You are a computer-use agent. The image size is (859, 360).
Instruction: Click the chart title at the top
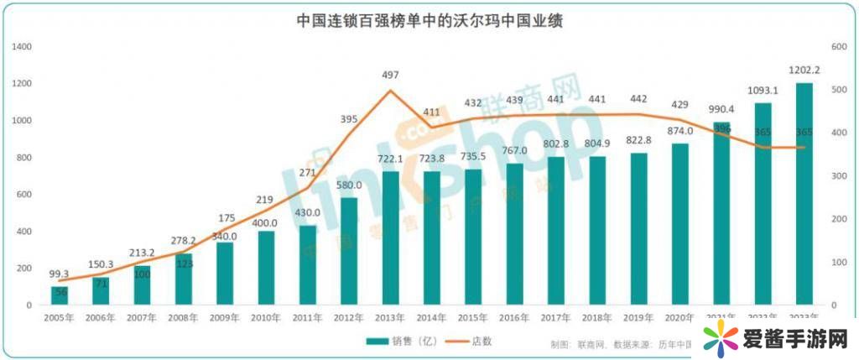tap(429, 20)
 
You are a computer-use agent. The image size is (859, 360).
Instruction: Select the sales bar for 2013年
tap(390, 238)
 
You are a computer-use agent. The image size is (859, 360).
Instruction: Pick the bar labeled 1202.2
tap(804, 194)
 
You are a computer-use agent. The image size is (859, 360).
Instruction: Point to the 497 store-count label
tap(390, 76)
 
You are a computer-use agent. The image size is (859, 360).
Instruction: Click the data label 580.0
tap(349, 185)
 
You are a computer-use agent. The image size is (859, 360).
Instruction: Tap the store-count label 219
tap(266, 199)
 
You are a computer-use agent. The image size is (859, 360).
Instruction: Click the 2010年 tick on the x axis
tap(266, 317)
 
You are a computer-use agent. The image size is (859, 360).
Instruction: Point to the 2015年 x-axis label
tap(473, 317)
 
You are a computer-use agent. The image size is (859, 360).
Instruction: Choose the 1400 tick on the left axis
tap(22, 46)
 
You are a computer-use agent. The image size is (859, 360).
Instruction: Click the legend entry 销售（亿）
tap(394, 342)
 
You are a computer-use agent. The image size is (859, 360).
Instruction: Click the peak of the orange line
tap(390, 90)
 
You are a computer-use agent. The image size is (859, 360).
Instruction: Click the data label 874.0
tap(679, 131)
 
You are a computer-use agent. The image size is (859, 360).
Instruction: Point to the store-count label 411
tap(431, 112)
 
